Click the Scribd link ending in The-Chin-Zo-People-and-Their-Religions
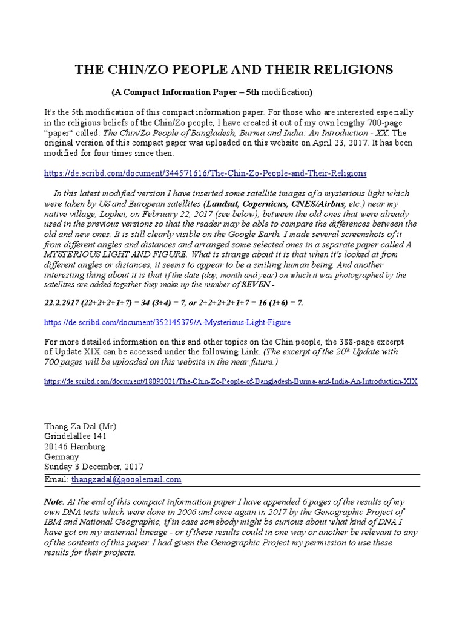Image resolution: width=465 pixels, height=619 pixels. point(206,173)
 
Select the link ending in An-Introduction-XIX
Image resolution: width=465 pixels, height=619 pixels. point(231,382)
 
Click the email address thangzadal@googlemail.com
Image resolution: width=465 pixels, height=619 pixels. point(126,479)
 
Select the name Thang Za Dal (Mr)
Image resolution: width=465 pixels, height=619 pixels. point(81,426)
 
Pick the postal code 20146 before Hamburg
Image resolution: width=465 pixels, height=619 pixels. point(59,447)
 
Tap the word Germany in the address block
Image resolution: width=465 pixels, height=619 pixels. point(62,457)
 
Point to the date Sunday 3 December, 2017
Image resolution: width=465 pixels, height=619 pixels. point(93,467)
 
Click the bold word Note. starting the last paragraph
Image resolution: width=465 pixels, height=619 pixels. point(54,502)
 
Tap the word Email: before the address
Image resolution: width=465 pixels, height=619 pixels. point(57,479)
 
